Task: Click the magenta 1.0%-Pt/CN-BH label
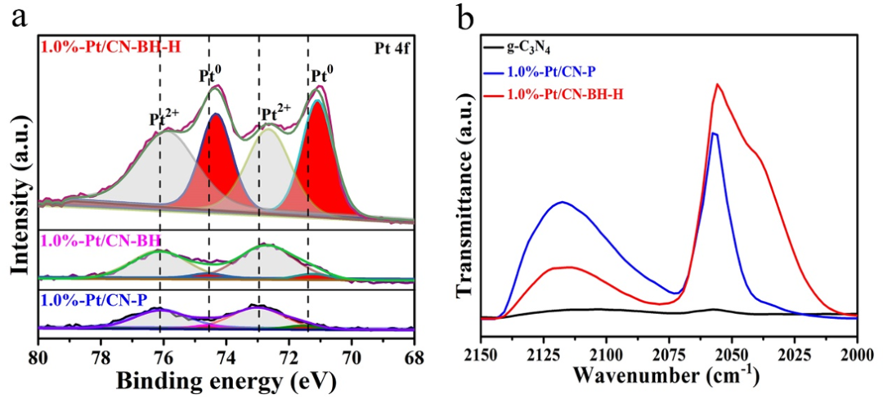[x=101, y=241]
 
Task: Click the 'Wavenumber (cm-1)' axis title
[x=666, y=378]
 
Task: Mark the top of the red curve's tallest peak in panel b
[x=717, y=83]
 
